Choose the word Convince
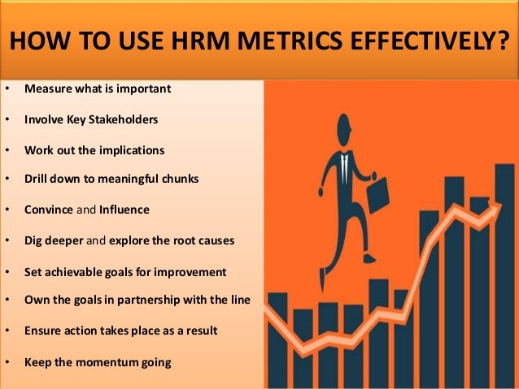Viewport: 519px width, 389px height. pyautogui.click(x=49, y=210)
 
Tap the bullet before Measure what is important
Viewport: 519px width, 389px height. pyautogui.click(x=7, y=89)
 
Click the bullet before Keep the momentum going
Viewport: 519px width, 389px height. pyautogui.click(x=7, y=361)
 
